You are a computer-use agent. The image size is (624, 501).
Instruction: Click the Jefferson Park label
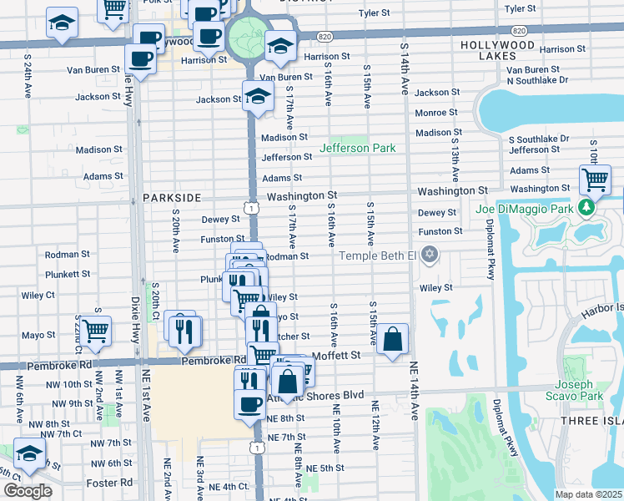pos(357,149)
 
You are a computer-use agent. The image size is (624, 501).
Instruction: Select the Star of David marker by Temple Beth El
pos(430,254)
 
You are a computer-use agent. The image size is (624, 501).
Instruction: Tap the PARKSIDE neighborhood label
pos(172,198)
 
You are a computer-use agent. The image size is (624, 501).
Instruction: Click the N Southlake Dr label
pos(536,80)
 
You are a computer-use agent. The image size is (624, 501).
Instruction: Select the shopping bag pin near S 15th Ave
pos(392,339)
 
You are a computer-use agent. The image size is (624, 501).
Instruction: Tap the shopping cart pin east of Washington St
pos(595,179)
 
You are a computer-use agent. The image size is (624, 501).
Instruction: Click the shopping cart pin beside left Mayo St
pos(95,329)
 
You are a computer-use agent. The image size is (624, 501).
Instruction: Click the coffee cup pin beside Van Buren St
pos(140,58)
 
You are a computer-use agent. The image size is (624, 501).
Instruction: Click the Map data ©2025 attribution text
pos(588,494)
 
